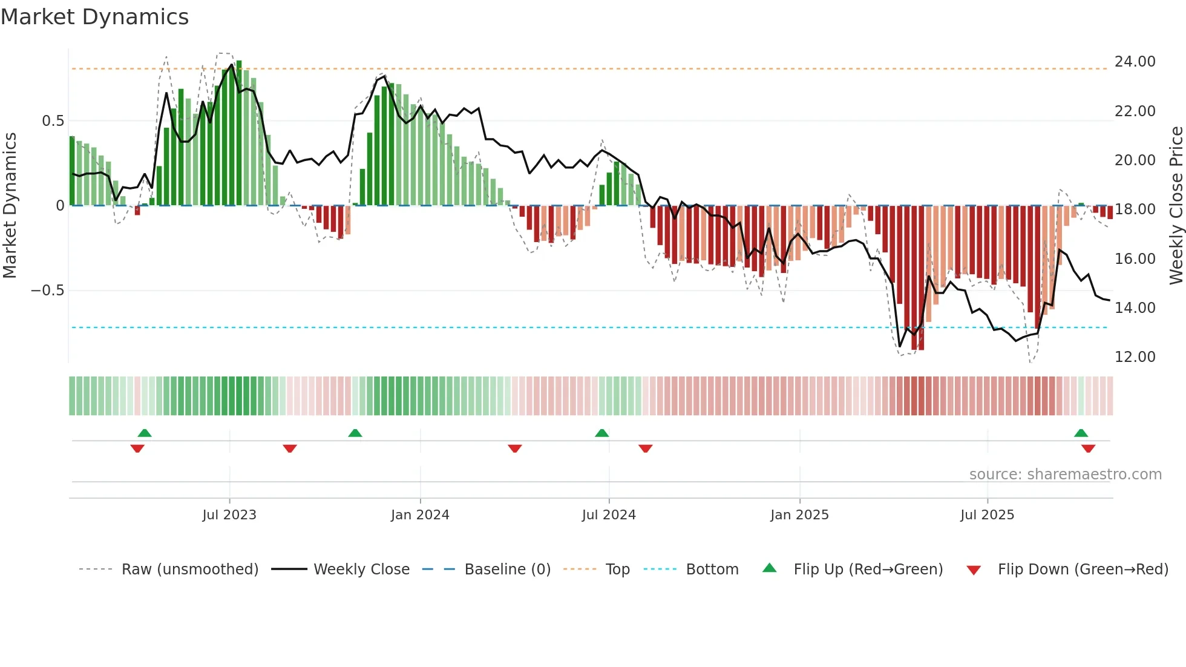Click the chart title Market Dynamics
tap(95, 17)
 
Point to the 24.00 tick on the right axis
tap(1135, 62)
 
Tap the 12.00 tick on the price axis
tap(1135, 357)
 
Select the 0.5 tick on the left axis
tap(53, 121)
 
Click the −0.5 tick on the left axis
tap(48, 291)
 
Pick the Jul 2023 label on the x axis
tap(229, 515)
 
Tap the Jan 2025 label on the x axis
tap(799, 515)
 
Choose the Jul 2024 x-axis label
tap(609, 515)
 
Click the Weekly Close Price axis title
tap(1176, 206)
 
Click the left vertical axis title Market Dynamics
tap(10, 206)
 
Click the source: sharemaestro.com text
tap(1065, 475)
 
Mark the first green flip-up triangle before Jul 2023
tap(145, 433)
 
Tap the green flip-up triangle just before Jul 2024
tap(601, 433)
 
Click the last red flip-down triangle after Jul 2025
tap(1088, 448)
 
